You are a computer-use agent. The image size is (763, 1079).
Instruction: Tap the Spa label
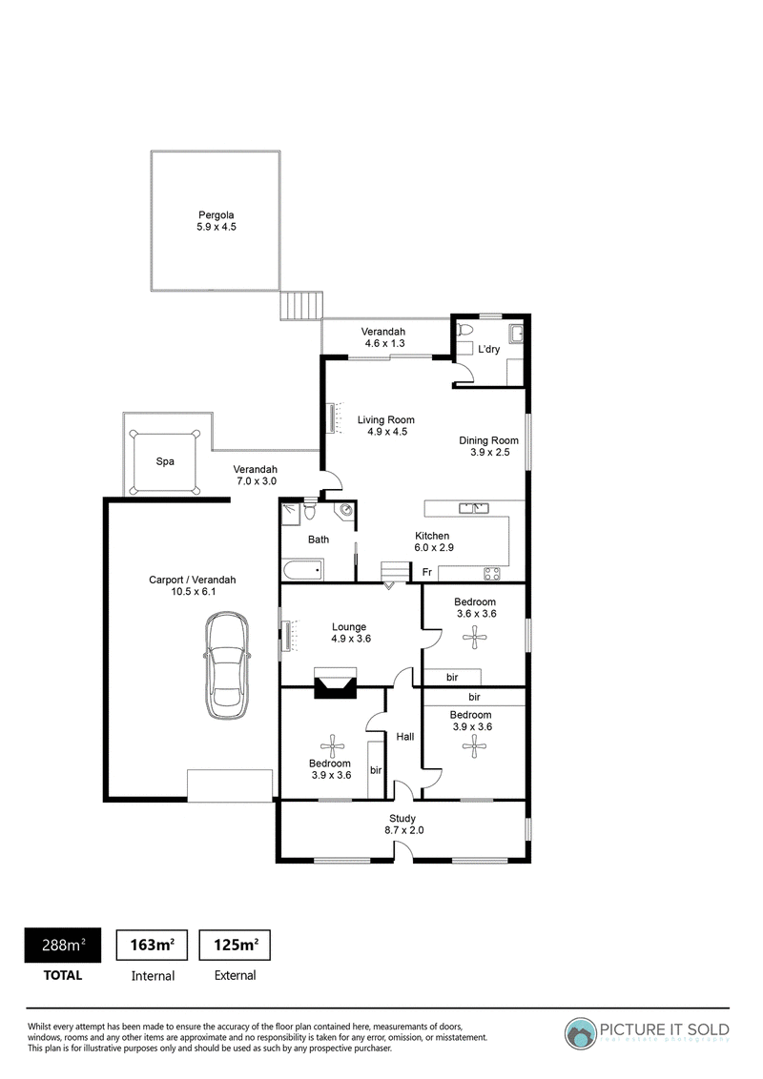tap(165, 461)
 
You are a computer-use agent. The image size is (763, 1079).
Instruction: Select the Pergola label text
tap(217, 215)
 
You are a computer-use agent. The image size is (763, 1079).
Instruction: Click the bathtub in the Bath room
tap(302, 570)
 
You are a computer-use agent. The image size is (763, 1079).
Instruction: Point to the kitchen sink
tap(474, 509)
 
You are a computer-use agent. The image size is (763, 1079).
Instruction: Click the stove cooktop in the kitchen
tap(492, 573)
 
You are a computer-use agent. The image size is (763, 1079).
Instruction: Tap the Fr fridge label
tap(427, 572)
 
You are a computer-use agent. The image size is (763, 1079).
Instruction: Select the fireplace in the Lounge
tap(336, 683)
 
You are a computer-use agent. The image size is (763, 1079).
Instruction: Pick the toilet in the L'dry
tap(462, 330)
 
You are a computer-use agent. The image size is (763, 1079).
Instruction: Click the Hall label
tap(405, 736)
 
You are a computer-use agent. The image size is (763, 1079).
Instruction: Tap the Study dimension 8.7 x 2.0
tap(404, 830)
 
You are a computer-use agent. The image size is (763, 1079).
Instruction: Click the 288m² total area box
tap(63, 945)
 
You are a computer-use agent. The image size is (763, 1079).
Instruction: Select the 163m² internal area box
tap(153, 945)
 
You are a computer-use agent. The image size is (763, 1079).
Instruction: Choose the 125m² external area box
tap(235, 945)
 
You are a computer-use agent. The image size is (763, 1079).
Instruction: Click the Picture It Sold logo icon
tap(581, 1033)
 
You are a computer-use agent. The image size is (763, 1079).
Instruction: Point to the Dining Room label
tap(489, 440)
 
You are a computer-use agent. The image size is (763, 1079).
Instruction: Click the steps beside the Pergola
tap(301, 306)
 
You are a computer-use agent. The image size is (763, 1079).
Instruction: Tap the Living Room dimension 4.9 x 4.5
tap(387, 432)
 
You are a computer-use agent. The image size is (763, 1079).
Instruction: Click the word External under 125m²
tap(235, 975)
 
